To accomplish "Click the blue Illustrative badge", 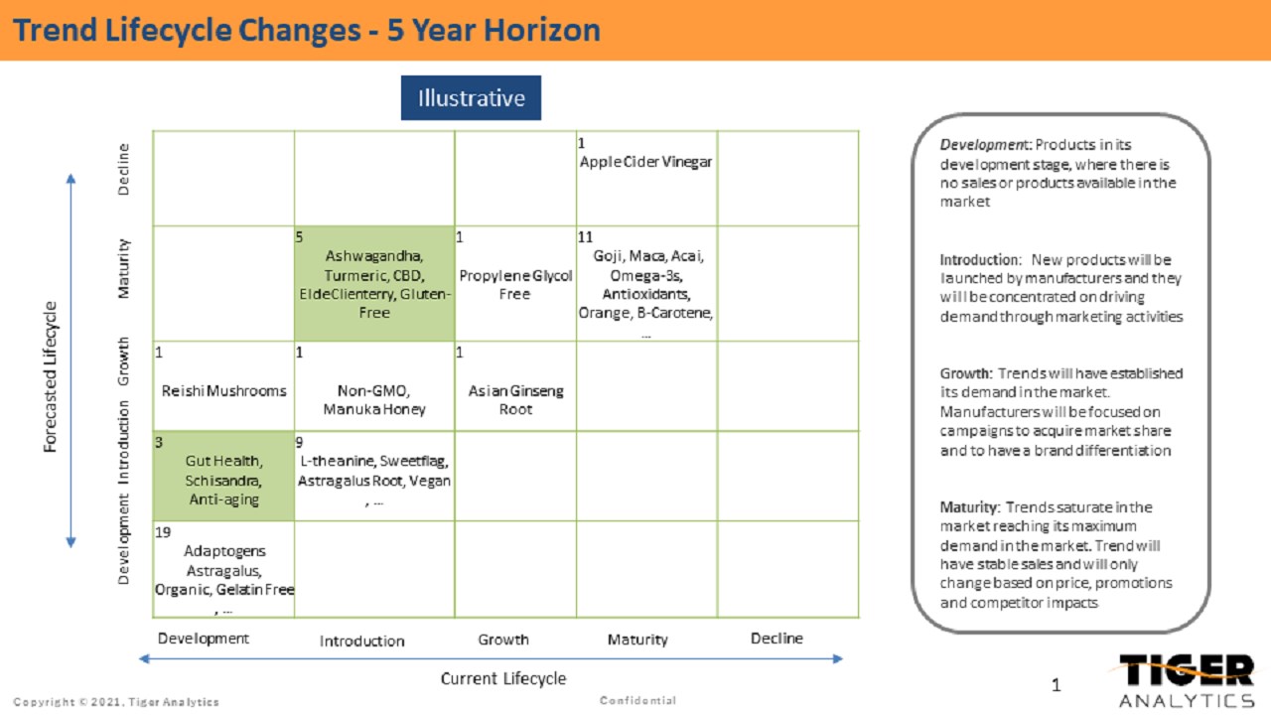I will point(471,98).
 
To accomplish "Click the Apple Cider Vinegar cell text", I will point(645,162).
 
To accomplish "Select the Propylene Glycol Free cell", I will point(515,284).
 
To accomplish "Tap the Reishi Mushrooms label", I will point(223,390).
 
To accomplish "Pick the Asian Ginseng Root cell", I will point(515,399).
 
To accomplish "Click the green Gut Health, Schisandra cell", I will point(223,480).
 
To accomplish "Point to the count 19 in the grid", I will point(163,532).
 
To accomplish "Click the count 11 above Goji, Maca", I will point(585,237).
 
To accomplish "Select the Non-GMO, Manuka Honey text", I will point(374,399).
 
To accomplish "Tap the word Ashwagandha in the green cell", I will point(374,256).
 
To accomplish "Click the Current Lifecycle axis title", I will point(502,679).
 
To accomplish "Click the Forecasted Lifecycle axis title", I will point(51,376).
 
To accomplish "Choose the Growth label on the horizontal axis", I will point(503,640).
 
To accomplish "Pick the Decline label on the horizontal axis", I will point(777,639).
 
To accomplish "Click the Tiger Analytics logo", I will point(1186,680).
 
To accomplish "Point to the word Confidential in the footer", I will point(637,701).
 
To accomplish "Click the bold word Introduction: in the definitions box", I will point(980,259).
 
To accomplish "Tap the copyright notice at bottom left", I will point(116,702).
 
